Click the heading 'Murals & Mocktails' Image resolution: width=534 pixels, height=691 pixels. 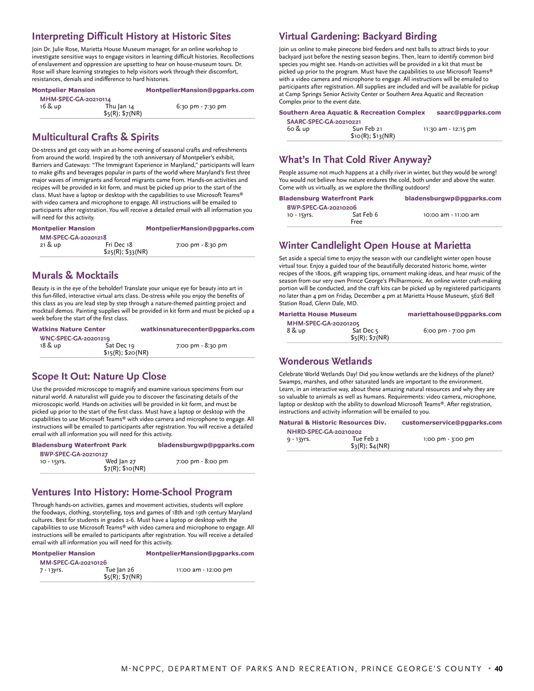(x=75, y=275)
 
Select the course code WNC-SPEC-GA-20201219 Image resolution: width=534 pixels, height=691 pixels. (x=75, y=338)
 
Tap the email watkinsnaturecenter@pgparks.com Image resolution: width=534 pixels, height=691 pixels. (x=198, y=329)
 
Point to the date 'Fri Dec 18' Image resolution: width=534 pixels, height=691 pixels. (x=119, y=245)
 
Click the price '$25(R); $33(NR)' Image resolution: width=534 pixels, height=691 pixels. (x=125, y=252)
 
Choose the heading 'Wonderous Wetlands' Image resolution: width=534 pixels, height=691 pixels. (x=325, y=361)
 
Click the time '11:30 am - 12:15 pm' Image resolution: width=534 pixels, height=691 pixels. (x=449, y=129)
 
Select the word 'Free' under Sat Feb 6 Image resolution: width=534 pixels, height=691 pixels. (x=356, y=222)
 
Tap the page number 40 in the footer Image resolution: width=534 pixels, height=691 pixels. (x=498, y=669)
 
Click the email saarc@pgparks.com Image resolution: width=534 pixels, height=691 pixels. (x=469, y=113)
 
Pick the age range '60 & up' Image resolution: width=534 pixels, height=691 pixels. (x=298, y=129)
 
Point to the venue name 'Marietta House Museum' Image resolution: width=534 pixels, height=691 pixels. (x=318, y=314)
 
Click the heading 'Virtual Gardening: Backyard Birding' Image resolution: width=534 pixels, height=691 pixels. (x=358, y=36)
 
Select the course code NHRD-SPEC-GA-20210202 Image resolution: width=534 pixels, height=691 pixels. (x=324, y=432)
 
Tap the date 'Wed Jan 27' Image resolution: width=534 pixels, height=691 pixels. (x=121, y=461)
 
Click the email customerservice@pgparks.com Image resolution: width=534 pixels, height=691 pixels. (x=452, y=423)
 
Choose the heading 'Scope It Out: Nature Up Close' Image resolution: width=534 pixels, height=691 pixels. (x=99, y=376)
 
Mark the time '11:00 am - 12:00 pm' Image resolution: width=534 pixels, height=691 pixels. (x=204, y=570)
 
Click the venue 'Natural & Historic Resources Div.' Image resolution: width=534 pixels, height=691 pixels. (x=332, y=423)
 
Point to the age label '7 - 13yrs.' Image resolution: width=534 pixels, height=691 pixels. (x=51, y=570)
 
